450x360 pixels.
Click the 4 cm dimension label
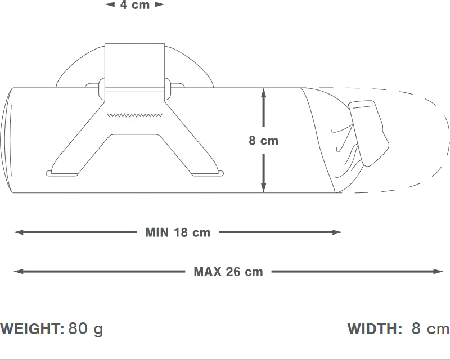click(x=135, y=5)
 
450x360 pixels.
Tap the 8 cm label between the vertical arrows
click(x=263, y=141)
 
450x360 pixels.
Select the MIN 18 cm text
click(x=178, y=232)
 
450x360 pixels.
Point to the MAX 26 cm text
click(x=228, y=272)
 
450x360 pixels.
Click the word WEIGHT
click(x=32, y=328)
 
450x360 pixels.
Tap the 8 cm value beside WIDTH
click(x=430, y=328)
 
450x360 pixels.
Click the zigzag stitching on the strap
click(x=135, y=115)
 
